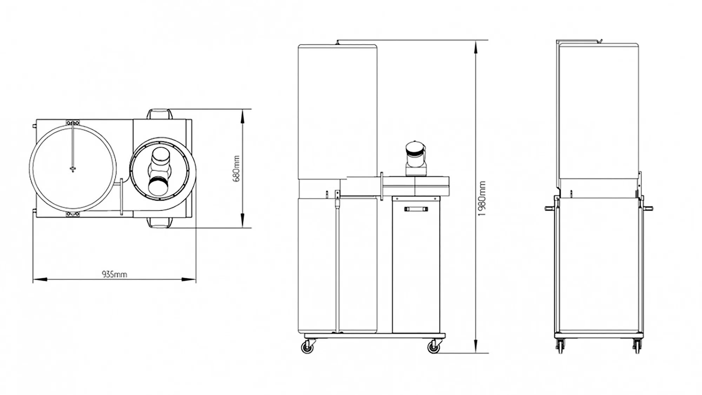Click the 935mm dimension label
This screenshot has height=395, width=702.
[x=114, y=274]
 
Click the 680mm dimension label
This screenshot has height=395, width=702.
[x=237, y=169]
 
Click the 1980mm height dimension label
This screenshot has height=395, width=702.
[x=483, y=199]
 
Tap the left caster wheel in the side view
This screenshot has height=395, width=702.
[x=307, y=347]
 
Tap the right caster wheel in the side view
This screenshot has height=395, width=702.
[x=434, y=347]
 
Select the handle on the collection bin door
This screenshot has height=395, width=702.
[x=416, y=209]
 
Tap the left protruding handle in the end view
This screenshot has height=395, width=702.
[x=549, y=208]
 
